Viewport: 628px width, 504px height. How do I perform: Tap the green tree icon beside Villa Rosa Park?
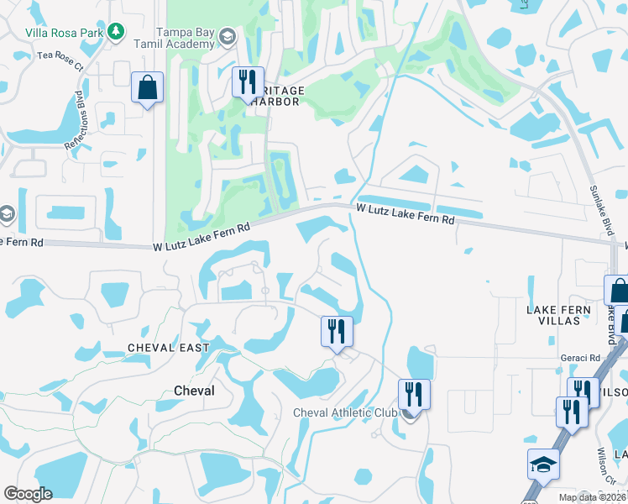(116, 33)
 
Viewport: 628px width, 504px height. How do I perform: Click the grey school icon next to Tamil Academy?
(228, 36)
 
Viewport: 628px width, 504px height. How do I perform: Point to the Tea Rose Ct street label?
(61, 58)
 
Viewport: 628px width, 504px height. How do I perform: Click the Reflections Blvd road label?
(80, 117)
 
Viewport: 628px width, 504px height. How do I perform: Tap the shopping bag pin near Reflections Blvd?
(147, 87)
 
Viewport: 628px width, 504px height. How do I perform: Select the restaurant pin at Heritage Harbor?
(247, 82)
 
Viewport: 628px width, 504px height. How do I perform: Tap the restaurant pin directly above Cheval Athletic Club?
(413, 392)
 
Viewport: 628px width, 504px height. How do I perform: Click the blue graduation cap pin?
(543, 464)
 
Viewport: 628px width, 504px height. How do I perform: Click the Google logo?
(28, 494)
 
